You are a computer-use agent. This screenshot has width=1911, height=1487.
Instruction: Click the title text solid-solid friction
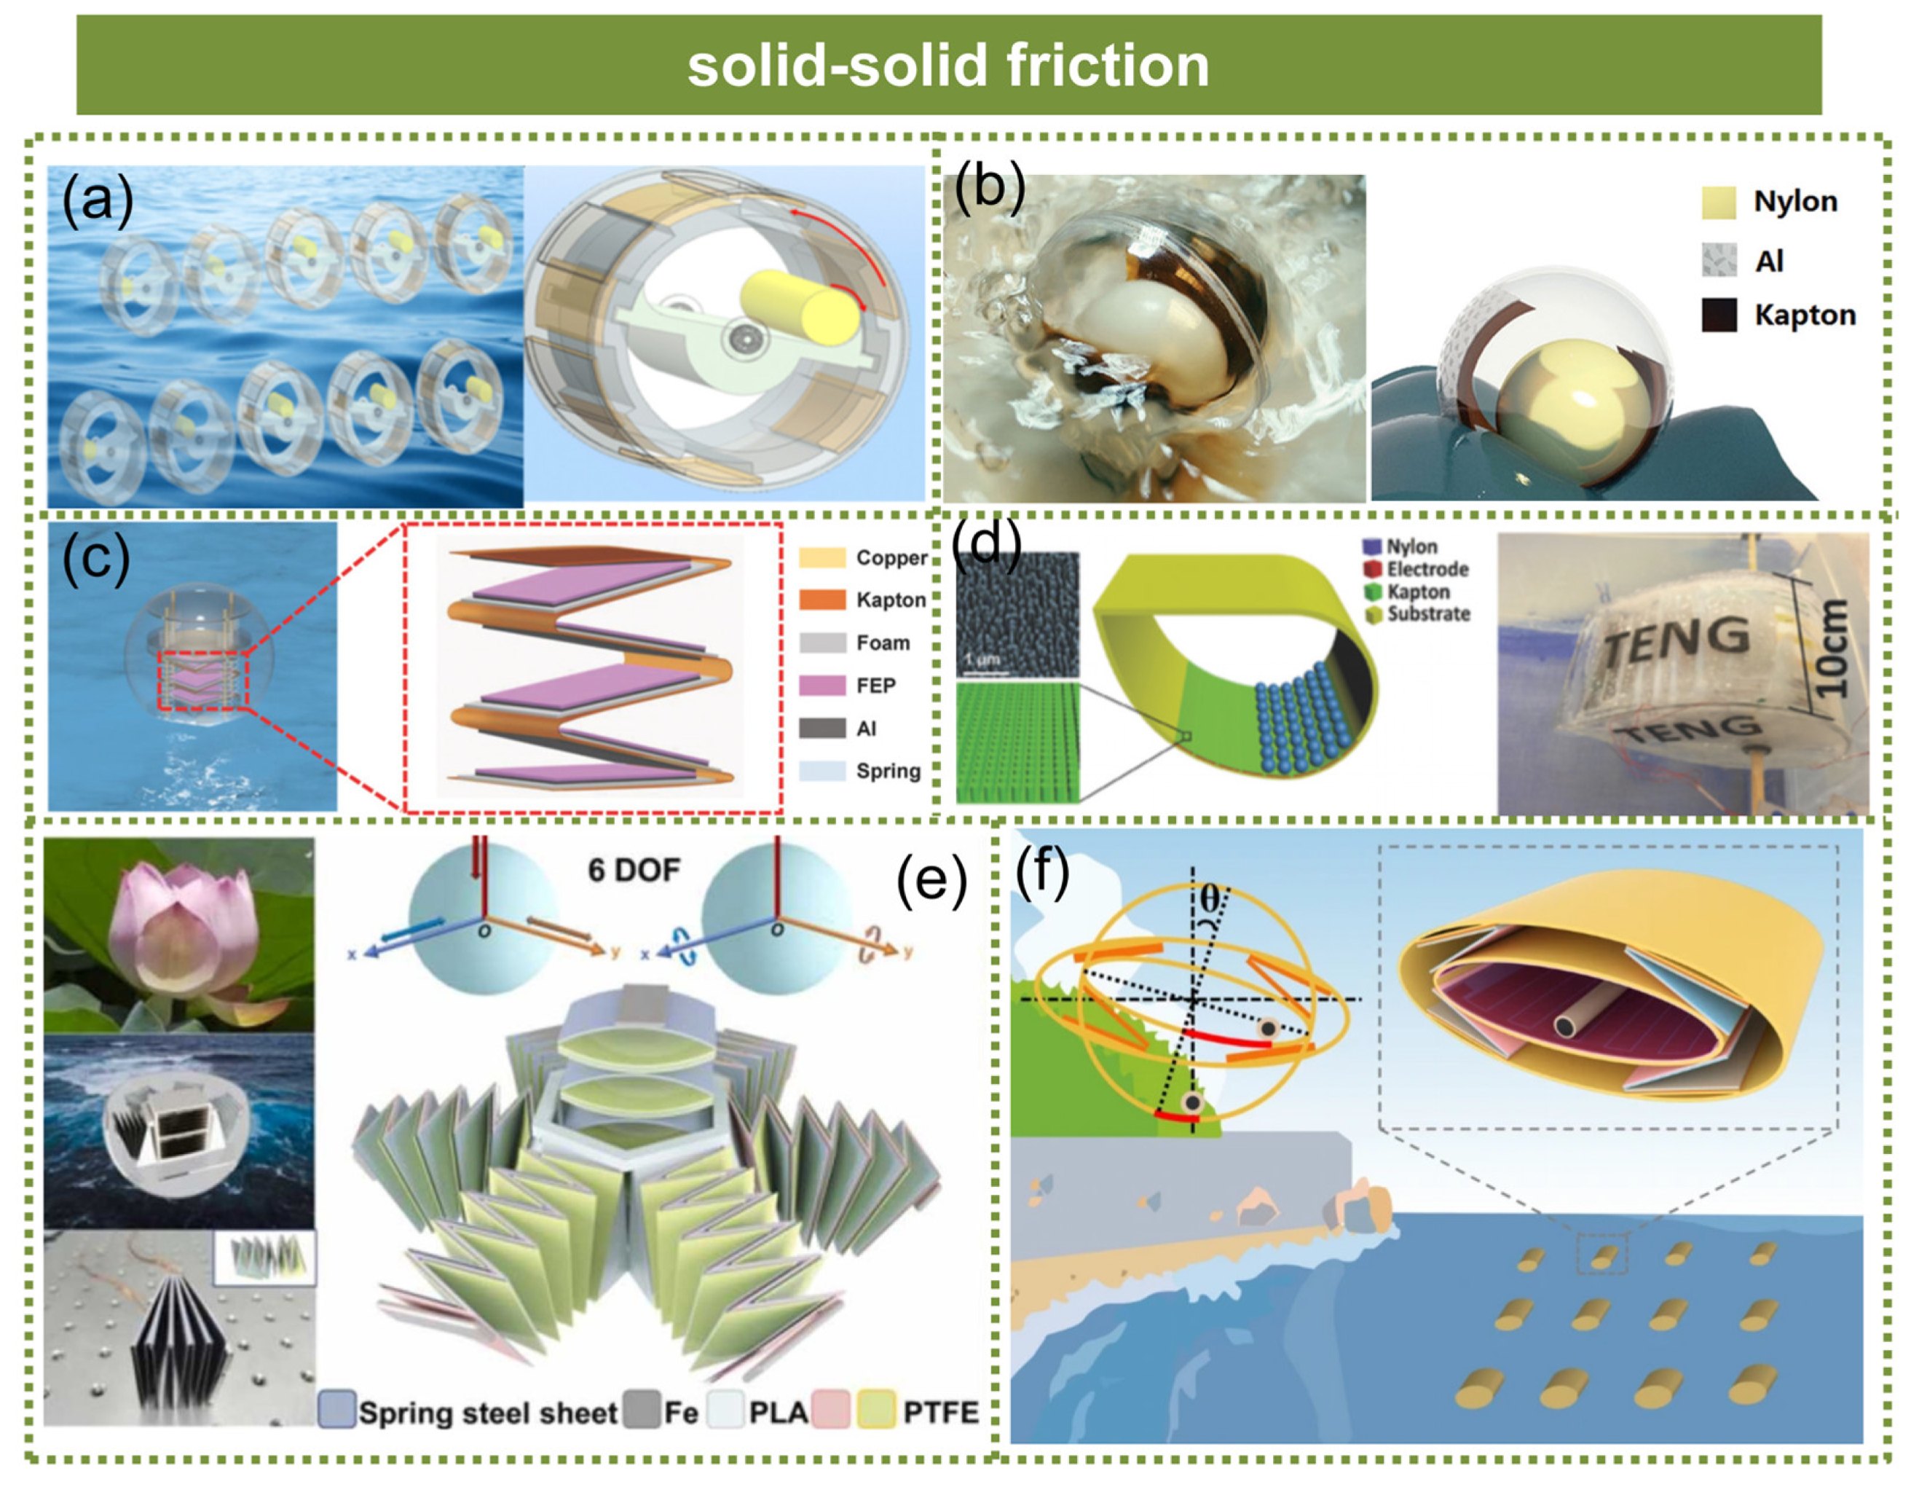[x=948, y=66]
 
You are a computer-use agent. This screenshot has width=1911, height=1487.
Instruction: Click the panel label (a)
[x=97, y=200]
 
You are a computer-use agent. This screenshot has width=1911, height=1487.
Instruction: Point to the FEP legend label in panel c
[x=876, y=686]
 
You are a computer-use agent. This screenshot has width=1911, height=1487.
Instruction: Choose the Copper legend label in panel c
[x=891, y=557]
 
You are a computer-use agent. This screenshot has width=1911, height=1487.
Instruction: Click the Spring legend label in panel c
[x=888, y=771]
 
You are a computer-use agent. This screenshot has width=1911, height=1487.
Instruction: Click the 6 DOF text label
[x=634, y=870]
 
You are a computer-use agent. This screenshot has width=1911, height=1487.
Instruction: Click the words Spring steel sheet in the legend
[x=487, y=1413]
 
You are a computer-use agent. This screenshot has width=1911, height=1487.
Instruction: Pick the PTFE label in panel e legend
[x=941, y=1413]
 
